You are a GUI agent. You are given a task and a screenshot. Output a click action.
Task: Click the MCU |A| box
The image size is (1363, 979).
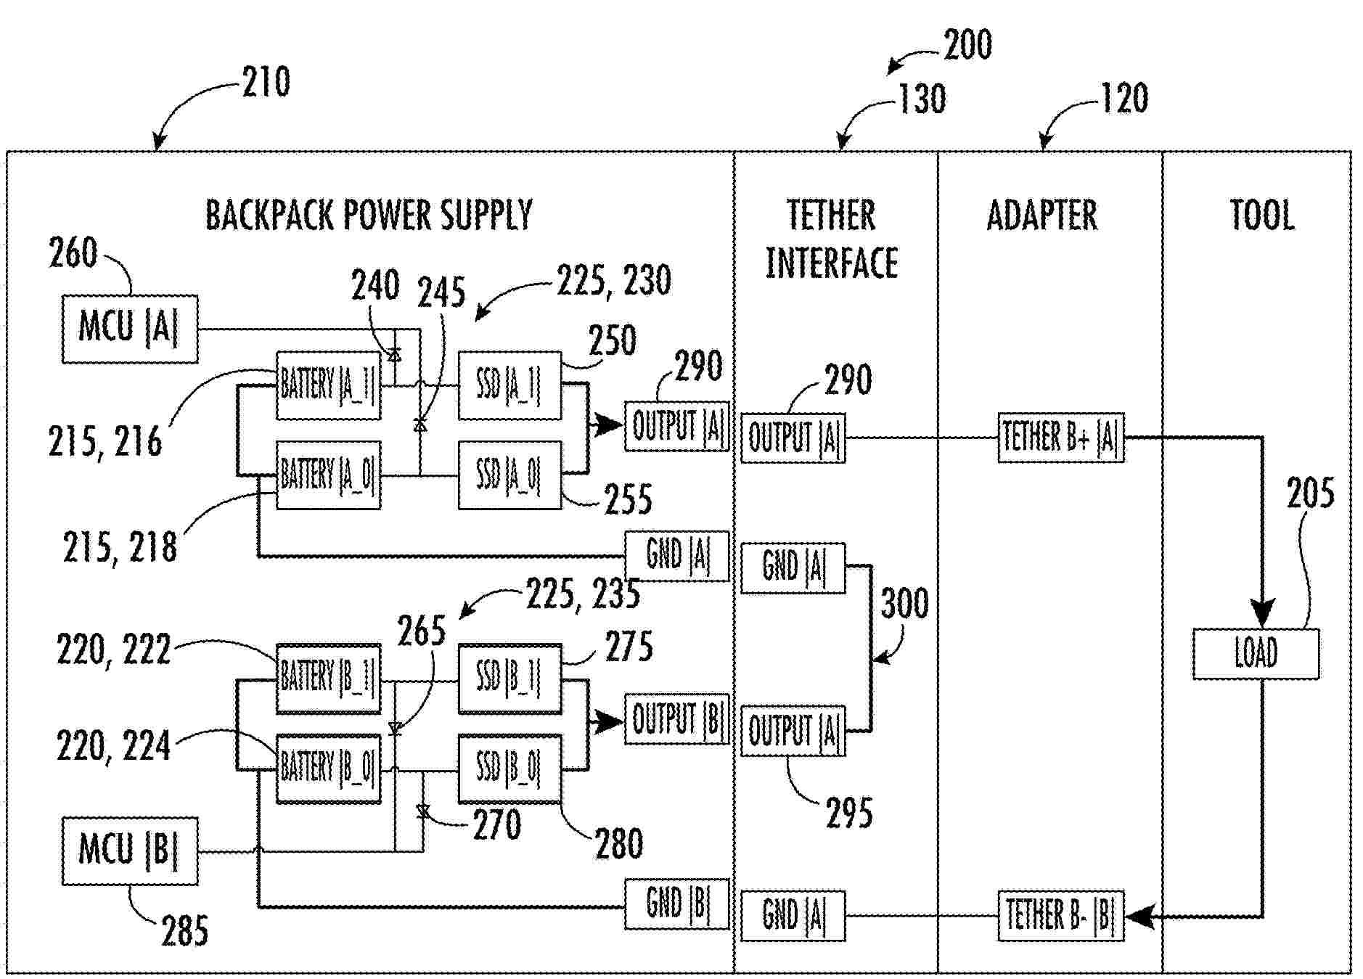coord(129,328)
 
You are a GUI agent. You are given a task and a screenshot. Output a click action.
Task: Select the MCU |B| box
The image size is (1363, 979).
coord(129,851)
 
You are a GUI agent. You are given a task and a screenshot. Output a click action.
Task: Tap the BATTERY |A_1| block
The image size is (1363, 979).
coord(328,385)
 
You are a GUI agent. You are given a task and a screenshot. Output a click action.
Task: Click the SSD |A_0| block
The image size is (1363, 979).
coord(509,475)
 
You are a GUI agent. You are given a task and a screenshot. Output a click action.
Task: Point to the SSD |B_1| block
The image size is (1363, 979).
coord(509,678)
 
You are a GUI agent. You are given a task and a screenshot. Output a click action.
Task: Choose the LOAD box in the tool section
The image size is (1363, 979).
coord(1256,653)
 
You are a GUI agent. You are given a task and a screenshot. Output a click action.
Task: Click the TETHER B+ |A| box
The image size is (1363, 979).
coord(1060,438)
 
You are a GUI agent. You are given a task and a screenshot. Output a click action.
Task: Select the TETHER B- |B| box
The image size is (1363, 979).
coord(1060,916)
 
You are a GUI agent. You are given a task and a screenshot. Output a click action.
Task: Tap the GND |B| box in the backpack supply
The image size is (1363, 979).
coord(676,904)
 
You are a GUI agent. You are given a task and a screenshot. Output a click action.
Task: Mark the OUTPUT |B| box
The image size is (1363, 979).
coord(676,719)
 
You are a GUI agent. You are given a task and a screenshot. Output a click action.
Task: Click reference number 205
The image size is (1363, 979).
coord(1310,494)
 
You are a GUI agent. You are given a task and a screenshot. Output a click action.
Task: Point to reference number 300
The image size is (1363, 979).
coord(904,604)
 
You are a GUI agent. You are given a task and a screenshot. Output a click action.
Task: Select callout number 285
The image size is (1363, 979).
coord(184,930)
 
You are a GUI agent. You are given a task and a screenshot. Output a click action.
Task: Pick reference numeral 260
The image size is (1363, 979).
coord(73,253)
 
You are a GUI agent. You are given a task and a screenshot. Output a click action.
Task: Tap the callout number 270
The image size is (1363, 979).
coord(496,825)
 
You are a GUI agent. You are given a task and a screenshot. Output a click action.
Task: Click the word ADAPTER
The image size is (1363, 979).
coord(1042,216)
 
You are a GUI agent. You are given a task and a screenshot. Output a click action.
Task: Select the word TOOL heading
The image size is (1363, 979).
coord(1261,216)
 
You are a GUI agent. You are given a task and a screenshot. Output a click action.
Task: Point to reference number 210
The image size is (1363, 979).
coord(266,81)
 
